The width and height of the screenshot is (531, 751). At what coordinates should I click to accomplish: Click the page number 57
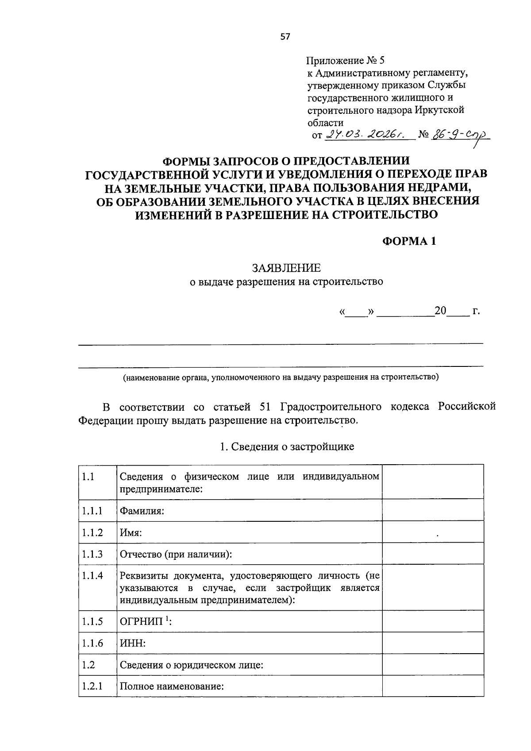pos(285,37)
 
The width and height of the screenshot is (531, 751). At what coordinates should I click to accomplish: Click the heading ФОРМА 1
pos(409,241)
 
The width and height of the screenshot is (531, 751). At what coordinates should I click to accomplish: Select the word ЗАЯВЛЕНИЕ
pos(286,268)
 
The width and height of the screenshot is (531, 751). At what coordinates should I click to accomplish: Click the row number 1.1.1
pos(92,511)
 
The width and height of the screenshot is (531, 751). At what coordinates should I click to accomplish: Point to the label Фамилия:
pos(142,511)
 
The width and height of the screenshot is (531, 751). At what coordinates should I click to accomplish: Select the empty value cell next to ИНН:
pos(432,643)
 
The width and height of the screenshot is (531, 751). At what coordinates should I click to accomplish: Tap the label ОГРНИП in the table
pos(142,621)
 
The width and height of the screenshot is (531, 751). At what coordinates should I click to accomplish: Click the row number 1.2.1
pos(92,686)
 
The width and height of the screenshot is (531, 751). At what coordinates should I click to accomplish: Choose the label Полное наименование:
pos(172,686)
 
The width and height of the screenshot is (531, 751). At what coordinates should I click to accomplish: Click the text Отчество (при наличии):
pos(176,554)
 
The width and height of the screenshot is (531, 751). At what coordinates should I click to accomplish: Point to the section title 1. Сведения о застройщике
pos(287,447)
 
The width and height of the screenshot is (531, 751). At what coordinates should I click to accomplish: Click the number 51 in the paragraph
pos(273,406)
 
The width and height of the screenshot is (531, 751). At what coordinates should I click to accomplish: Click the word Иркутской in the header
pos(439,110)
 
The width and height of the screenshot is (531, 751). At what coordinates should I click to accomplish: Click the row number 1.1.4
pos(92,576)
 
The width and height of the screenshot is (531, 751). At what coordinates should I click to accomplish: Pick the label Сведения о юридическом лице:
pos(192,665)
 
